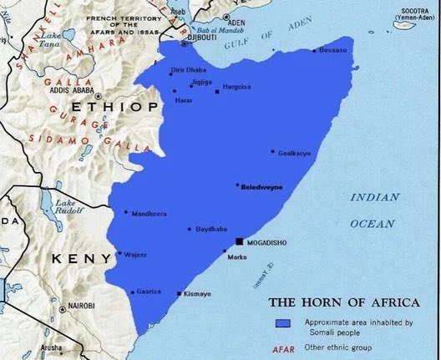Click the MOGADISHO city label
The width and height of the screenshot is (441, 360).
point(271,242)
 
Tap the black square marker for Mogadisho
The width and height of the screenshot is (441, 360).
point(241,241)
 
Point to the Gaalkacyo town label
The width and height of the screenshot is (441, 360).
point(293,153)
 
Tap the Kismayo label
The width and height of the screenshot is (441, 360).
point(197,295)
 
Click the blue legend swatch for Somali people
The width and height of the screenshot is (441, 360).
point(283,323)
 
